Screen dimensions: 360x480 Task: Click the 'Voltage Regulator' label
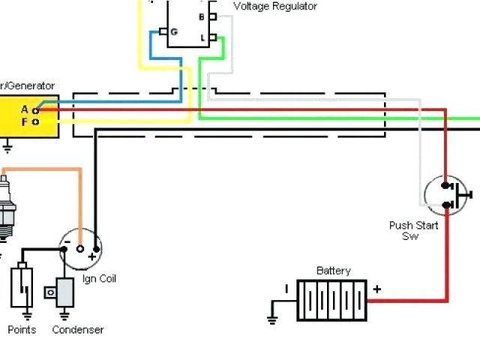click(x=275, y=6)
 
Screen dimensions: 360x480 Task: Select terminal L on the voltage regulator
click(x=213, y=37)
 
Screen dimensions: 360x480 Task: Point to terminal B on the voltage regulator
click(x=213, y=16)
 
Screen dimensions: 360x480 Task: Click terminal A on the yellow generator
click(x=35, y=110)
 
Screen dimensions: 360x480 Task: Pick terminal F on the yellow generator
click(x=35, y=121)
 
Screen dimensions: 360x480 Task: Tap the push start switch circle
click(x=447, y=194)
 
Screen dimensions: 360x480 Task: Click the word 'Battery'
click(x=333, y=271)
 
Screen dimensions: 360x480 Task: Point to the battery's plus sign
click(x=376, y=289)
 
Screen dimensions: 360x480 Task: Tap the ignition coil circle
click(x=81, y=249)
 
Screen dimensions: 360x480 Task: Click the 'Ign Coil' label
click(x=99, y=279)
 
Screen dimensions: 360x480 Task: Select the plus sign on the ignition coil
click(x=93, y=256)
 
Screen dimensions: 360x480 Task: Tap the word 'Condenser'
click(x=78, y=330)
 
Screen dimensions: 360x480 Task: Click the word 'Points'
click(x=22, y=330)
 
